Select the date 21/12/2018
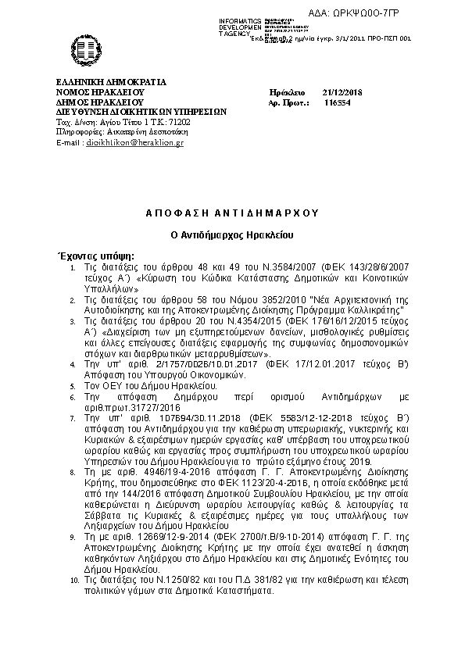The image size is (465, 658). click(338, 92)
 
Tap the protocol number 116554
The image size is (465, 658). click(337, 102)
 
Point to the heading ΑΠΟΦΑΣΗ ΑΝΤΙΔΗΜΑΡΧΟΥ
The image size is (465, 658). click(232, 213)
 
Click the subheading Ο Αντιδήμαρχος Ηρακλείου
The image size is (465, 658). click(232, 234)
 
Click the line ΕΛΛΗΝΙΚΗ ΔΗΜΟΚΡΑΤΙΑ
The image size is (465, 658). click(110, 82)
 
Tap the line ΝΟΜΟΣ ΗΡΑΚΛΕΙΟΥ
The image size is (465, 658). click(101, 92)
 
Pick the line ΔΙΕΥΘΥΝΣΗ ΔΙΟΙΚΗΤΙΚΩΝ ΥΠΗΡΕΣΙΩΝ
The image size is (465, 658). click(141, 112)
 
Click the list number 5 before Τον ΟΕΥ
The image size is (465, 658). click(73, 386)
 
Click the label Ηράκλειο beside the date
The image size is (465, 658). click(285, 92)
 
